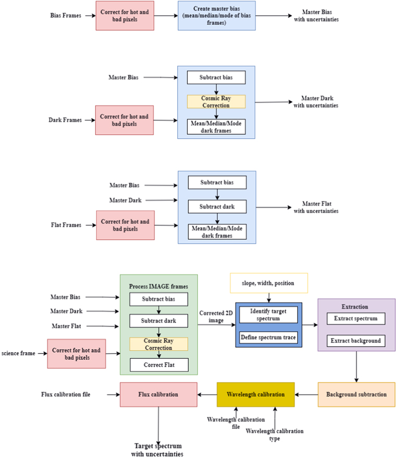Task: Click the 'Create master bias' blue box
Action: [216, 16]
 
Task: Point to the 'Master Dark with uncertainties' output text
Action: [315, 102]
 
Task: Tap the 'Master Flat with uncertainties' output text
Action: [316, 207]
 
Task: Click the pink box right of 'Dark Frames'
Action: [125, 120]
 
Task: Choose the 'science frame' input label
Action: [18, 353]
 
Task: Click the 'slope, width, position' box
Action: [268, 283]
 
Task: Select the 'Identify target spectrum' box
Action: [268, 314]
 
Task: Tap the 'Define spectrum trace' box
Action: [268, 336]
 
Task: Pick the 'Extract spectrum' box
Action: [356, 318]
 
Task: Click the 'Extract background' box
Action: [356, 341]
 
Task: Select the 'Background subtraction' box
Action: [356, 394]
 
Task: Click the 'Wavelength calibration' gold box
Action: [256, 394]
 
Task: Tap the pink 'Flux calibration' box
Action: [158, 394]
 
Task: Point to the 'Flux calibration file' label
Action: [66, 394]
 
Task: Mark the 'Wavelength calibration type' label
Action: [274, 435]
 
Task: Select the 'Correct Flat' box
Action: [158, 365]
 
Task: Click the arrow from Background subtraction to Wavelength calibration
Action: [306, 394]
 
